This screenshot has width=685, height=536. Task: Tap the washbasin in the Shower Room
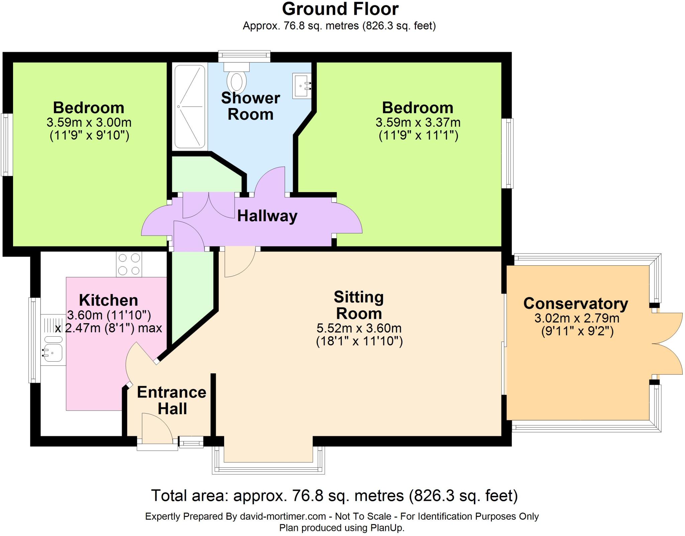click(x=301, y=86)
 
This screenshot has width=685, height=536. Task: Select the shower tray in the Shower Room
click(x=189, y=106)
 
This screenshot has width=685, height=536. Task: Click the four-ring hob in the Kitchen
click(x=129, y=264)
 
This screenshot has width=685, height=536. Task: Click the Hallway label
click(x=267, y=216)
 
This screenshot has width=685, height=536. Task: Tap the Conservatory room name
click(x=575, y=303)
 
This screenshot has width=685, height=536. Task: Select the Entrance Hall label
click(x=172, y=400)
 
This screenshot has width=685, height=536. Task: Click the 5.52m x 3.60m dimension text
click(x=359, y=328)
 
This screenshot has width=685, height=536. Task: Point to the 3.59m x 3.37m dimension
click(x=418, y=122)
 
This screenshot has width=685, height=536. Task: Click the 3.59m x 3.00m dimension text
click(x=89, y=122)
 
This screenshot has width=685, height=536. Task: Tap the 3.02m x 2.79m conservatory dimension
click(x=577, y=318)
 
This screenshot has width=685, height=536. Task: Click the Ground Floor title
click(x=340, y=9)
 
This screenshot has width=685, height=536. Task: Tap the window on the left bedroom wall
click(x=6, y=145)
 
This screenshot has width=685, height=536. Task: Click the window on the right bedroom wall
click(x=509, y=153)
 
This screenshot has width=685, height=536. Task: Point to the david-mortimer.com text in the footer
click(x=283, y=516)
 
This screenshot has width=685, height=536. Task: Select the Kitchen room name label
click(x=108, y=300)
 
